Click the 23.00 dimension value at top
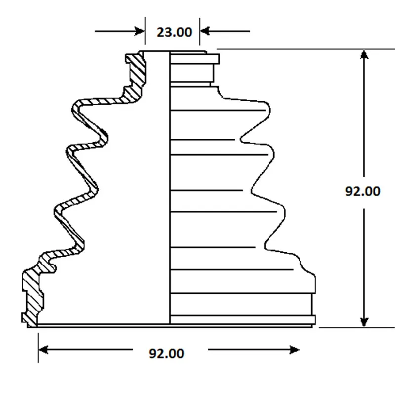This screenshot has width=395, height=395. point(174,32)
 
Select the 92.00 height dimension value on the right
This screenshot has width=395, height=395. point(362,191)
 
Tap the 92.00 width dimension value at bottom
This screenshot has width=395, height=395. point(166,354)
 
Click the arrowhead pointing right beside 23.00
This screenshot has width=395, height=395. point(140,31)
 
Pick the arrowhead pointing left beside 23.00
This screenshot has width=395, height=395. point(204,31)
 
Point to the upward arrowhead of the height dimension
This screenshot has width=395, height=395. point(364,55)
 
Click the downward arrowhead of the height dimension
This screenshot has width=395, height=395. point(364,322)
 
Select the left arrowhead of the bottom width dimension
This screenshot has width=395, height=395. point(43,350)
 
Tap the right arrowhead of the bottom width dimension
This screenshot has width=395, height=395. point(295,350)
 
